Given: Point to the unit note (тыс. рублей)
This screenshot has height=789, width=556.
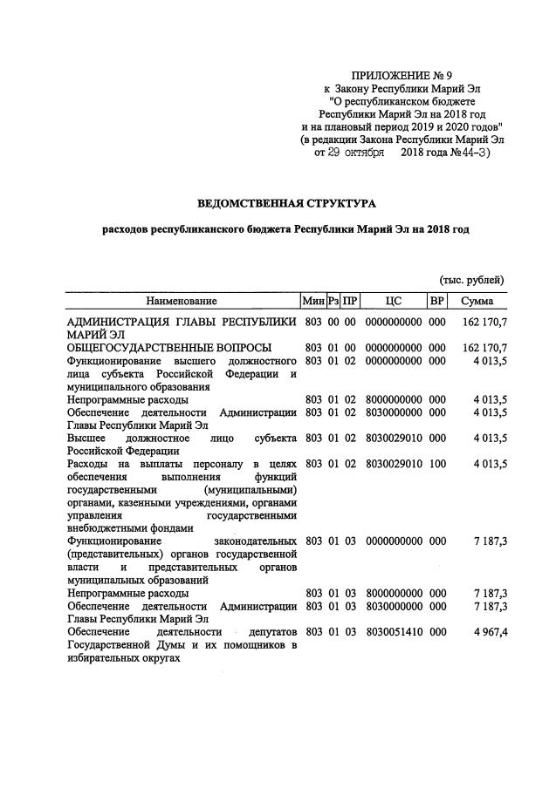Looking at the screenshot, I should (x=471, y=279).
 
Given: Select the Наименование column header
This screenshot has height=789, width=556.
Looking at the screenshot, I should (x=181, y=301).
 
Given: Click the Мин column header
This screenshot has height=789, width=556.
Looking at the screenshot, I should (x=312, y=301).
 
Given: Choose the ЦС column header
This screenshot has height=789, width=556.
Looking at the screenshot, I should (x=393, y=301).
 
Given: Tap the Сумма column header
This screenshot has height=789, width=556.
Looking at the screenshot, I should (x=477, y=301).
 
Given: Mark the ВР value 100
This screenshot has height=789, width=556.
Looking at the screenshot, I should (x=436, y=464).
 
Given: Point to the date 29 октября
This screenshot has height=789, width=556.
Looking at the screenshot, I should (x=344, y=153).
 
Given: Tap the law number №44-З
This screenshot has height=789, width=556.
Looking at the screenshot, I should (x=471, y=153).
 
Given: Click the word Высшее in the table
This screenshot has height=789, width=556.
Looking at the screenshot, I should (x=86, y=438).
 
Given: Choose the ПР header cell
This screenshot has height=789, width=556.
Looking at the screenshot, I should (x=350, y=301).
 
